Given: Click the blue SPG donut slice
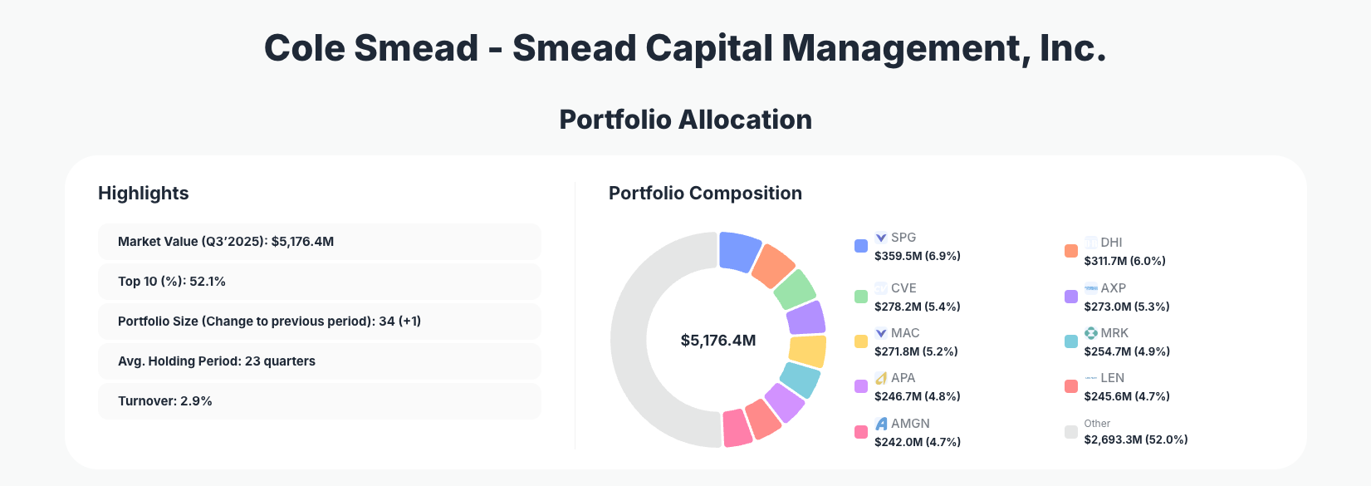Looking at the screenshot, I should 738,251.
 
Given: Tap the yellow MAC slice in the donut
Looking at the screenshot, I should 807,351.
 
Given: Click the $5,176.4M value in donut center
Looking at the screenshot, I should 718,341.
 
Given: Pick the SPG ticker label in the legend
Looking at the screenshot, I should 903,238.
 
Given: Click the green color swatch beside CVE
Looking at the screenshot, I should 861,297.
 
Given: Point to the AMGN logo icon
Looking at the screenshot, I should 881,424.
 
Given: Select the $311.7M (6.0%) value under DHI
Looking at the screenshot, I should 1124,261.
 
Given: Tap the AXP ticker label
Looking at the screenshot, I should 1113,288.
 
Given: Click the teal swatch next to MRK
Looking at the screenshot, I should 1071,341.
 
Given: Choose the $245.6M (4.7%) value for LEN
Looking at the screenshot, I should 1126,396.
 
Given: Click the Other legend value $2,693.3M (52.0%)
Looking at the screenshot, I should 1135,439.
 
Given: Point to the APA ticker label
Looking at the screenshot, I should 903,378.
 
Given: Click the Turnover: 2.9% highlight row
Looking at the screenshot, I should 319,401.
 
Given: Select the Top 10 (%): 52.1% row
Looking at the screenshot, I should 319,282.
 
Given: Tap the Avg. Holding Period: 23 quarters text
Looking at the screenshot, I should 217,361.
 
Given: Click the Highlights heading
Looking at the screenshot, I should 144,194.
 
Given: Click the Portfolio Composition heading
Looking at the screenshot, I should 705,194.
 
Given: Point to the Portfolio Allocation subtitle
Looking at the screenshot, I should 685,120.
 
